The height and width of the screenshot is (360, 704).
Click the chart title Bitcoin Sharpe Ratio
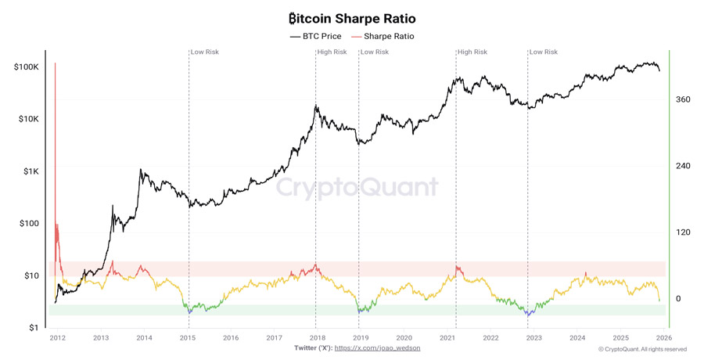click(352, 18)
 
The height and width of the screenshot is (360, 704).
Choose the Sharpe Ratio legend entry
click(383, 36)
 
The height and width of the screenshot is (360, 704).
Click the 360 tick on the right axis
click(683, 99)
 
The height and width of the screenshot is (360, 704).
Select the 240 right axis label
click(683, 166)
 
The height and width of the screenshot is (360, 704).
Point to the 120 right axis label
click(683, 232)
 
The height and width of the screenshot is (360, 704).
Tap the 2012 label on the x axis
click(57, 338)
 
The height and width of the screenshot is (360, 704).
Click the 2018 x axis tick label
click(317, 338)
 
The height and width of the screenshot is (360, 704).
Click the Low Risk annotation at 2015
click(206, 52)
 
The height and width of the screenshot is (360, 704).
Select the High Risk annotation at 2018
click(332, 52)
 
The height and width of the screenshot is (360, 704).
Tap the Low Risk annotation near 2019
click(375, 52)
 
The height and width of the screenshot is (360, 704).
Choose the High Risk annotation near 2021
click(472, 52)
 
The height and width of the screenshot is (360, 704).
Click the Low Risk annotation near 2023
click(544, 52)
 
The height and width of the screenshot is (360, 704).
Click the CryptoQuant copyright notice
click(642, 349)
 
